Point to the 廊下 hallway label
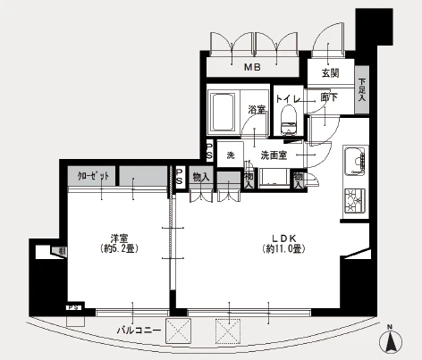(328, 97)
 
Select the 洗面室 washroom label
(273, 155)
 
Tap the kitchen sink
(355, 162)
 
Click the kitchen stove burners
(353, 202)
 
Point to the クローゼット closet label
(93, 177)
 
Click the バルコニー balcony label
(139, 331)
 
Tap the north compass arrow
(390, 340)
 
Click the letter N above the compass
(390, 326)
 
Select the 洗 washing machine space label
(229, 154)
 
